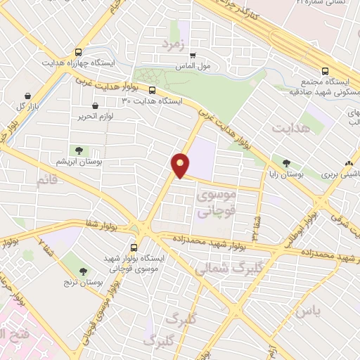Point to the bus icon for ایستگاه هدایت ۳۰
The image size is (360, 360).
(152, 90)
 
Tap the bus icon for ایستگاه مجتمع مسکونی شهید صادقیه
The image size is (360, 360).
(325, 71)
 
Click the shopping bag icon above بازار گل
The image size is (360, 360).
(27, 96)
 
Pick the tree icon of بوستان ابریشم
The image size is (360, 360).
(79, 150)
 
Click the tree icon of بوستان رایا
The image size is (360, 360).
(286, 162)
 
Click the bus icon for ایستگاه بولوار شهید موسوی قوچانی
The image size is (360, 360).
(134, 247)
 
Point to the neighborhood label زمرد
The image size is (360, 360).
(170, 44)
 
